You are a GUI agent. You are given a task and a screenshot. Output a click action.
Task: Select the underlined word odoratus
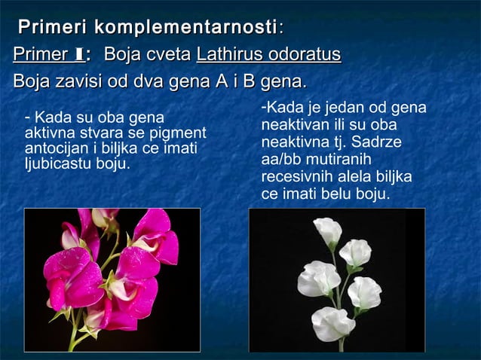[305, 55]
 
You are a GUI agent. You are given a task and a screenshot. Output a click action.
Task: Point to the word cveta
[170, 55]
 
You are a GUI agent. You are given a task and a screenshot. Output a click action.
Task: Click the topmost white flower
[327, 230]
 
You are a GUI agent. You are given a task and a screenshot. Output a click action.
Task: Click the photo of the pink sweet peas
[112, 279]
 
